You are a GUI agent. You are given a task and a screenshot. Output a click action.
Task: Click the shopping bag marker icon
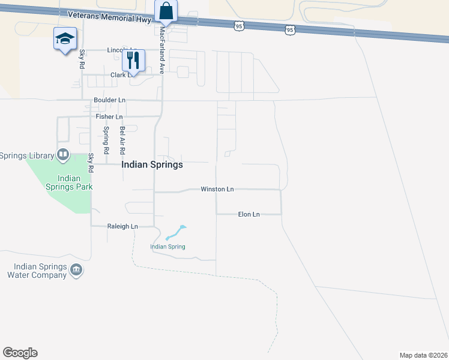click(166, 11)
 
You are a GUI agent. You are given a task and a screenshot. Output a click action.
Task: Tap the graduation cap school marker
click(64, 39)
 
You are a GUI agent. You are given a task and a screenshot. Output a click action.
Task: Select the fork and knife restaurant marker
click(133, 59)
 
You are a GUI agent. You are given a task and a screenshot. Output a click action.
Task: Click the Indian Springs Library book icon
click(62, 155)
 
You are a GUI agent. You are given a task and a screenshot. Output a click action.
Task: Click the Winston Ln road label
click(217, 189)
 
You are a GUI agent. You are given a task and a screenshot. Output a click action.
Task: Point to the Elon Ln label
click(249, 214)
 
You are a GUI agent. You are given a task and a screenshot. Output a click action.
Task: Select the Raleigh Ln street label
click(122, 226)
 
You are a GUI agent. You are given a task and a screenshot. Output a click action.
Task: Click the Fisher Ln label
click(109, 116)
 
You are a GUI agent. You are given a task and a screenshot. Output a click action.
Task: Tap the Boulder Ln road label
click(109, 100)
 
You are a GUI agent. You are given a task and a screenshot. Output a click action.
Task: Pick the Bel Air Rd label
click(122, 138)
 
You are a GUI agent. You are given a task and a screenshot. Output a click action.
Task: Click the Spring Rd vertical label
click(106, 138)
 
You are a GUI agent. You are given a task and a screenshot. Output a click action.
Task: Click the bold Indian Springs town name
click(152, 164)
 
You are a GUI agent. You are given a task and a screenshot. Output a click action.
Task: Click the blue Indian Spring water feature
click(176, 232)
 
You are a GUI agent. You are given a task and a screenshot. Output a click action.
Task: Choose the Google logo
click(20, 353)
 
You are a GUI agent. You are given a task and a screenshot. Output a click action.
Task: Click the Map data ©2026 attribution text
click(423, 355)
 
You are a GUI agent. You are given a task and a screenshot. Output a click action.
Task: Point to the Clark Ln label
click(122, 75)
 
